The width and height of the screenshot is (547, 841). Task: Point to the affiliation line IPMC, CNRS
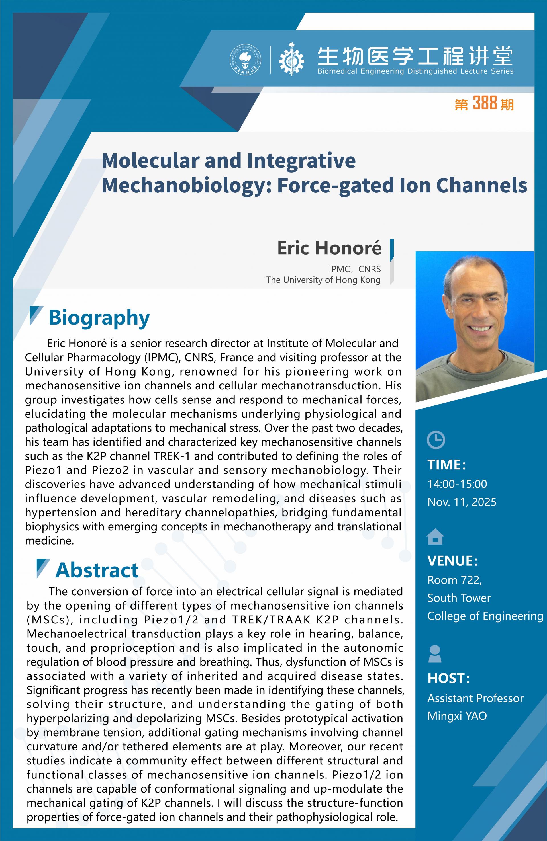[355, 269]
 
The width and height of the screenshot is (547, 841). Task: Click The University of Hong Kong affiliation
[323, 280]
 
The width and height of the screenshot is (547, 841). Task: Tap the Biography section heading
[99, 318]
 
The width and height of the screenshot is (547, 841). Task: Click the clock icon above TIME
[436, 440]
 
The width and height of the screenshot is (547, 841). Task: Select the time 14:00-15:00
[457, 484]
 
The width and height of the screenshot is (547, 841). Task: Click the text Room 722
[455, 580]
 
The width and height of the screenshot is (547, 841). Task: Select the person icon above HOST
[435, 654]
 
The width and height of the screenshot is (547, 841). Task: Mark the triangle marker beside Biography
[36, 315]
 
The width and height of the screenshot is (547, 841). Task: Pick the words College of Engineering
[485, 616]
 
